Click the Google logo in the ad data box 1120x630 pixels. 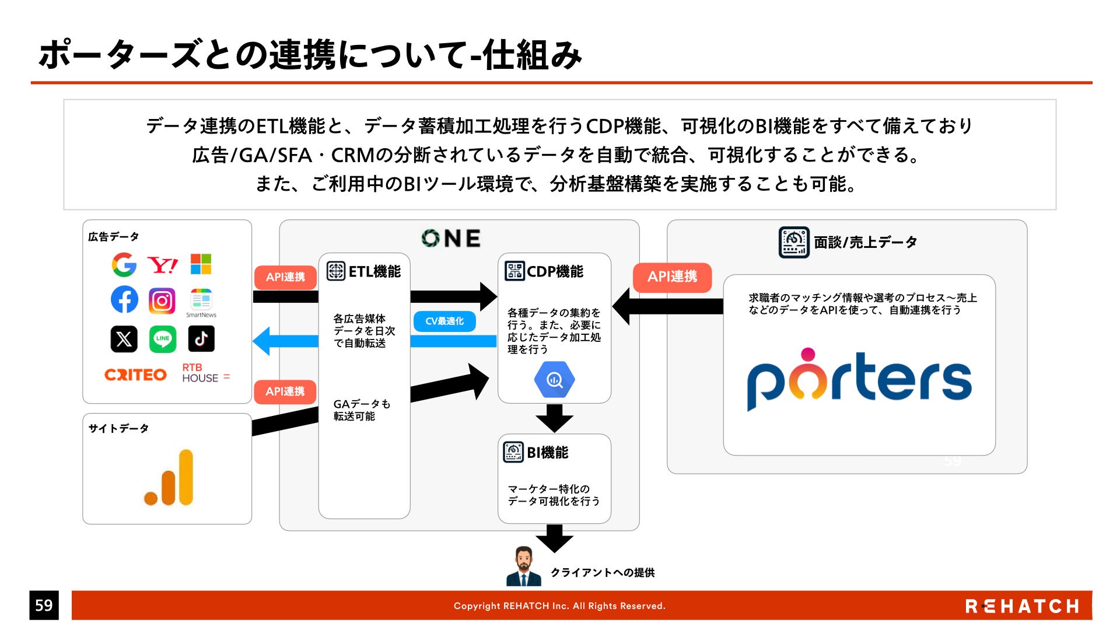pos(124,265)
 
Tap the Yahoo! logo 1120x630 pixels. pos(162,265)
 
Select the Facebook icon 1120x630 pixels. pos(124,300)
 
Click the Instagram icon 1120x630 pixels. pos(162,301)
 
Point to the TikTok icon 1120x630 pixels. pos(201,339)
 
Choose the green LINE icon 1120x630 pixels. pos(162,339)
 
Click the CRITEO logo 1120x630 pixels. pos(135,374)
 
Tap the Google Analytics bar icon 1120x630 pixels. pos(169,477)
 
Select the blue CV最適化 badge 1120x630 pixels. pos(444,321)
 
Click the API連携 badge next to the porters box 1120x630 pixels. pos(672,276)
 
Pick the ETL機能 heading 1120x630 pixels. pos(364,271)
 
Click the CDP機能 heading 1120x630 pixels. pos(544,271)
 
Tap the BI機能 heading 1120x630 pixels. pos(536,453)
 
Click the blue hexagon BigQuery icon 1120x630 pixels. pos(554,380)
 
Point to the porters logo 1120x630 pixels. pos(859,379)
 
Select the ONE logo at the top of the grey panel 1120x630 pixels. pos(452,238)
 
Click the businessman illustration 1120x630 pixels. pos(523,566)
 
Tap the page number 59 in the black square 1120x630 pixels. pos(44,605)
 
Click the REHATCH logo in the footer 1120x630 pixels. pos(1022,606)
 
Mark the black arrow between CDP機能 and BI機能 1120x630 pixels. pos(554,418)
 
